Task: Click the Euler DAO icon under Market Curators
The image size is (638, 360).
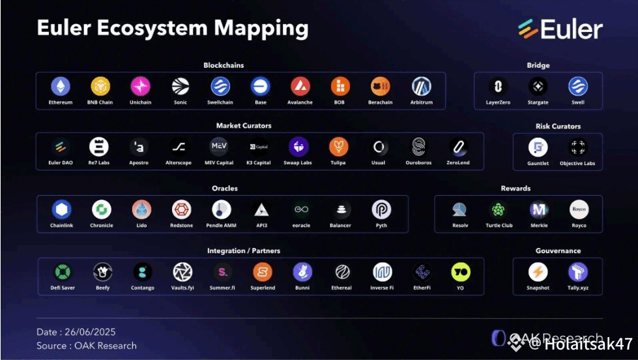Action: [61, 147]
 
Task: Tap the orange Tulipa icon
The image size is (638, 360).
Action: [338, 147]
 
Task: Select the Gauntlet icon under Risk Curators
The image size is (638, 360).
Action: [538, 147]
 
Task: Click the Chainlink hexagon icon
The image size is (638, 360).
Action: [61, 209]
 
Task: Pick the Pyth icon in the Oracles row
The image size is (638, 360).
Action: [381, 209]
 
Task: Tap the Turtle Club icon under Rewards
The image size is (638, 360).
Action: [499, 209]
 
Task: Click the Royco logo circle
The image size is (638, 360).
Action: [578, 209]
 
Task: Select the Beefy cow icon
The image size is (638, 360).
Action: [102, 271]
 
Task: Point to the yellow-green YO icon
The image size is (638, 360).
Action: [461, 271]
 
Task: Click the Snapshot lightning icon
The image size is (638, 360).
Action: [538, 271]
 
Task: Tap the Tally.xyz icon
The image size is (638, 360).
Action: [577, 271]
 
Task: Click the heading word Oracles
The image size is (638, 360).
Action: [225, 188]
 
